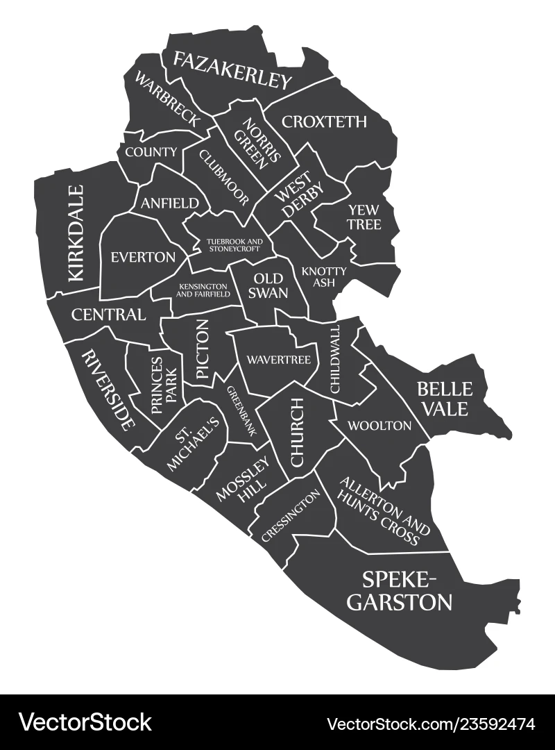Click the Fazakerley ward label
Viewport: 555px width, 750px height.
[x=232, y=71]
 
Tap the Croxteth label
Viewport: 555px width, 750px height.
[x=324, y=122]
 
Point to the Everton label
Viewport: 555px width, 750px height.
[x=143, y=257]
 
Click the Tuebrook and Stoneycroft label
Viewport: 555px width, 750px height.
[x=233, y=244]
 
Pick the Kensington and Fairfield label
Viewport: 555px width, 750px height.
[x=203, y=290]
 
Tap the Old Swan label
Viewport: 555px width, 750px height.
[x=268, y=285]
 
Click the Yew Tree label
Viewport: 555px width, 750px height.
[x=364, y=216]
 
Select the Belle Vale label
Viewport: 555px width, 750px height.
[x=443, y=399]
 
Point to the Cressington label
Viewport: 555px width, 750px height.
[x=291, y=515]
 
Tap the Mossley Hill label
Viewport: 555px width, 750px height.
[x=244, y=481]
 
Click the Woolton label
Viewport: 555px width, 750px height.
[x=379, y=426]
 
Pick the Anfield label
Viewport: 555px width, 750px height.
[x=174, y=203]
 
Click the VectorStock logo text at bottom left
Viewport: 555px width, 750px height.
[x=85, y=722]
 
